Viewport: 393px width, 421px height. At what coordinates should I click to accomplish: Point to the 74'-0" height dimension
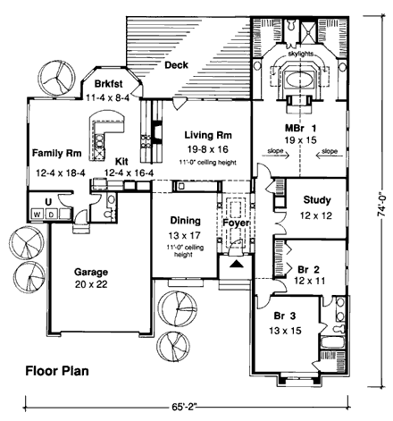(380, 201)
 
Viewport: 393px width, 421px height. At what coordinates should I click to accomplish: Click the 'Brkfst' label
(105, 84)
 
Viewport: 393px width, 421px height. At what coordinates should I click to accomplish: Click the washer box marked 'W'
(37, 215)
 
